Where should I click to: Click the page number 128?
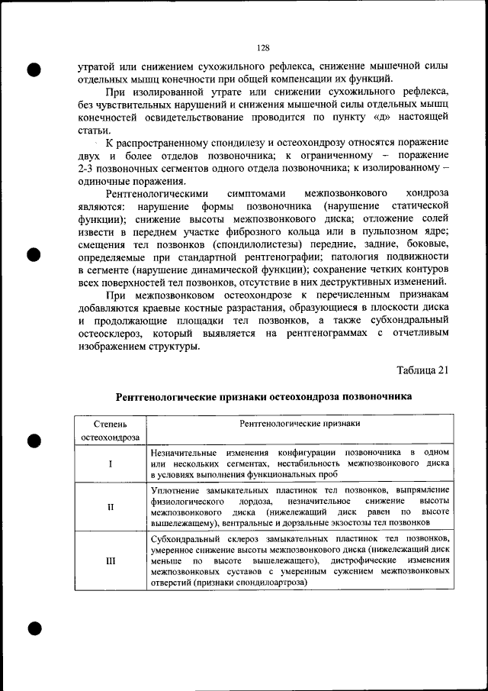[264, 47]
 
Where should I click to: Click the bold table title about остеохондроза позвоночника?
[264, 397]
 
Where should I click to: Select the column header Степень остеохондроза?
[111, 430]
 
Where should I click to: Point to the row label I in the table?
[111, 463]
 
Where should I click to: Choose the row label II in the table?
[111, 508]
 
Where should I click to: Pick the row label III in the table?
[111, 561]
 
